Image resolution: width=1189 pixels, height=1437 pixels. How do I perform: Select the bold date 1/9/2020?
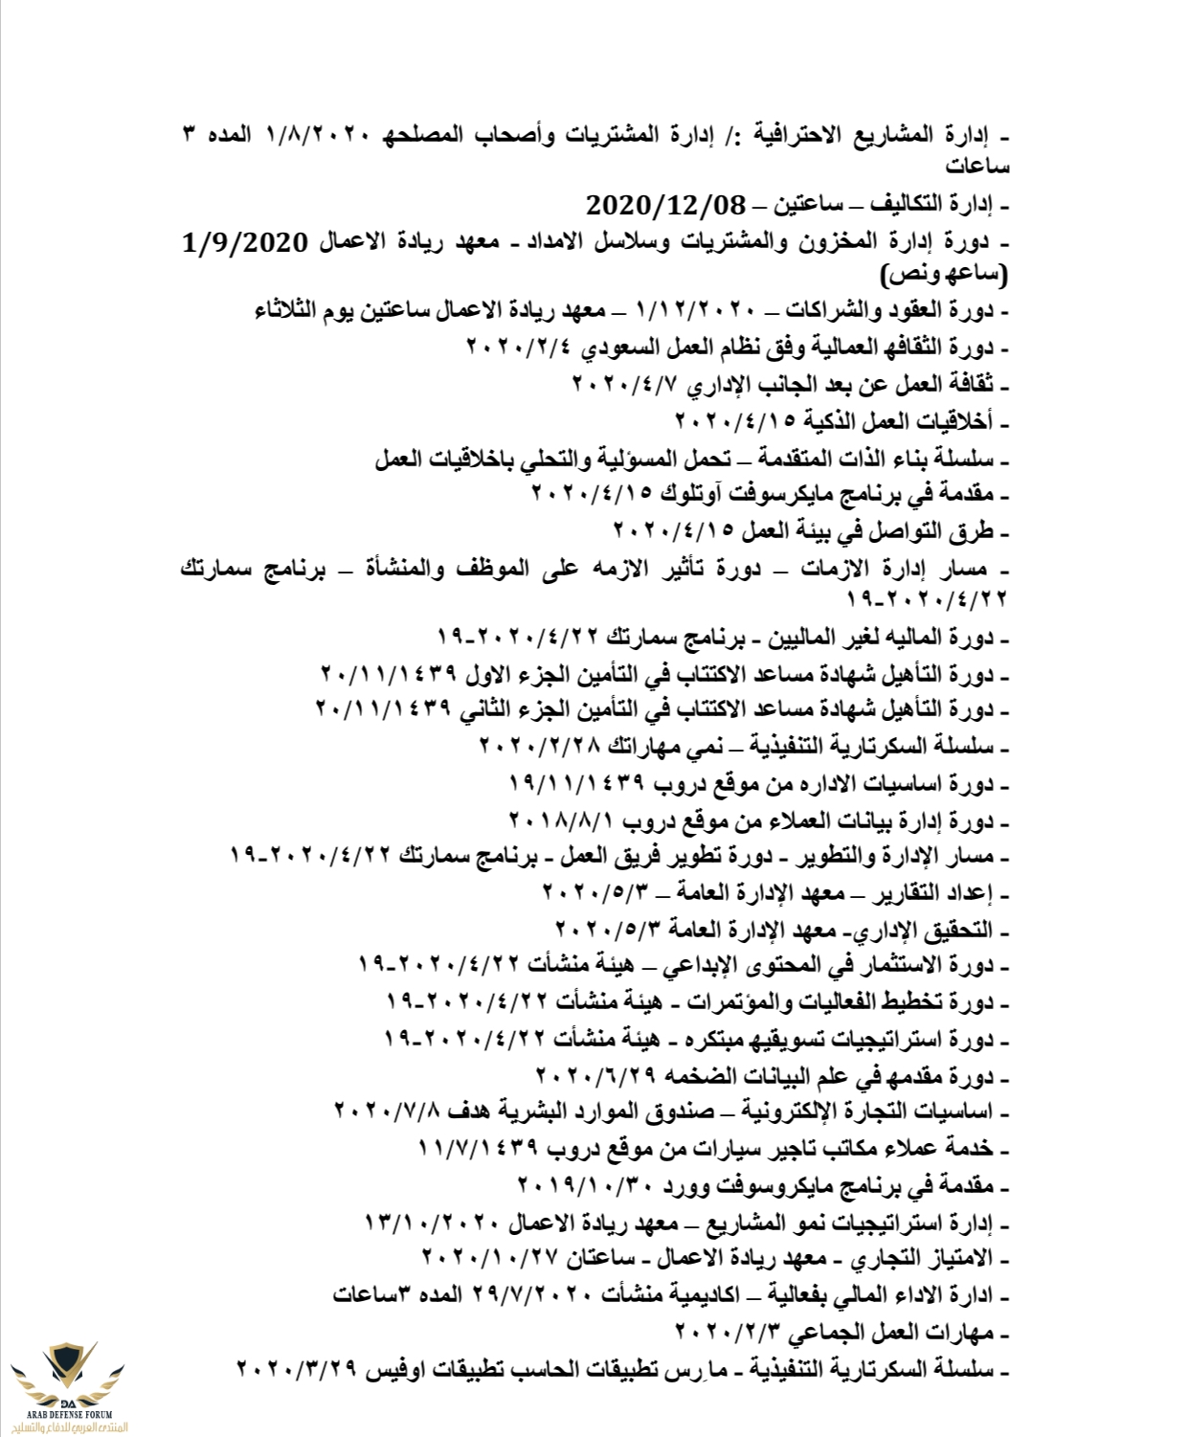point(246,242)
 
